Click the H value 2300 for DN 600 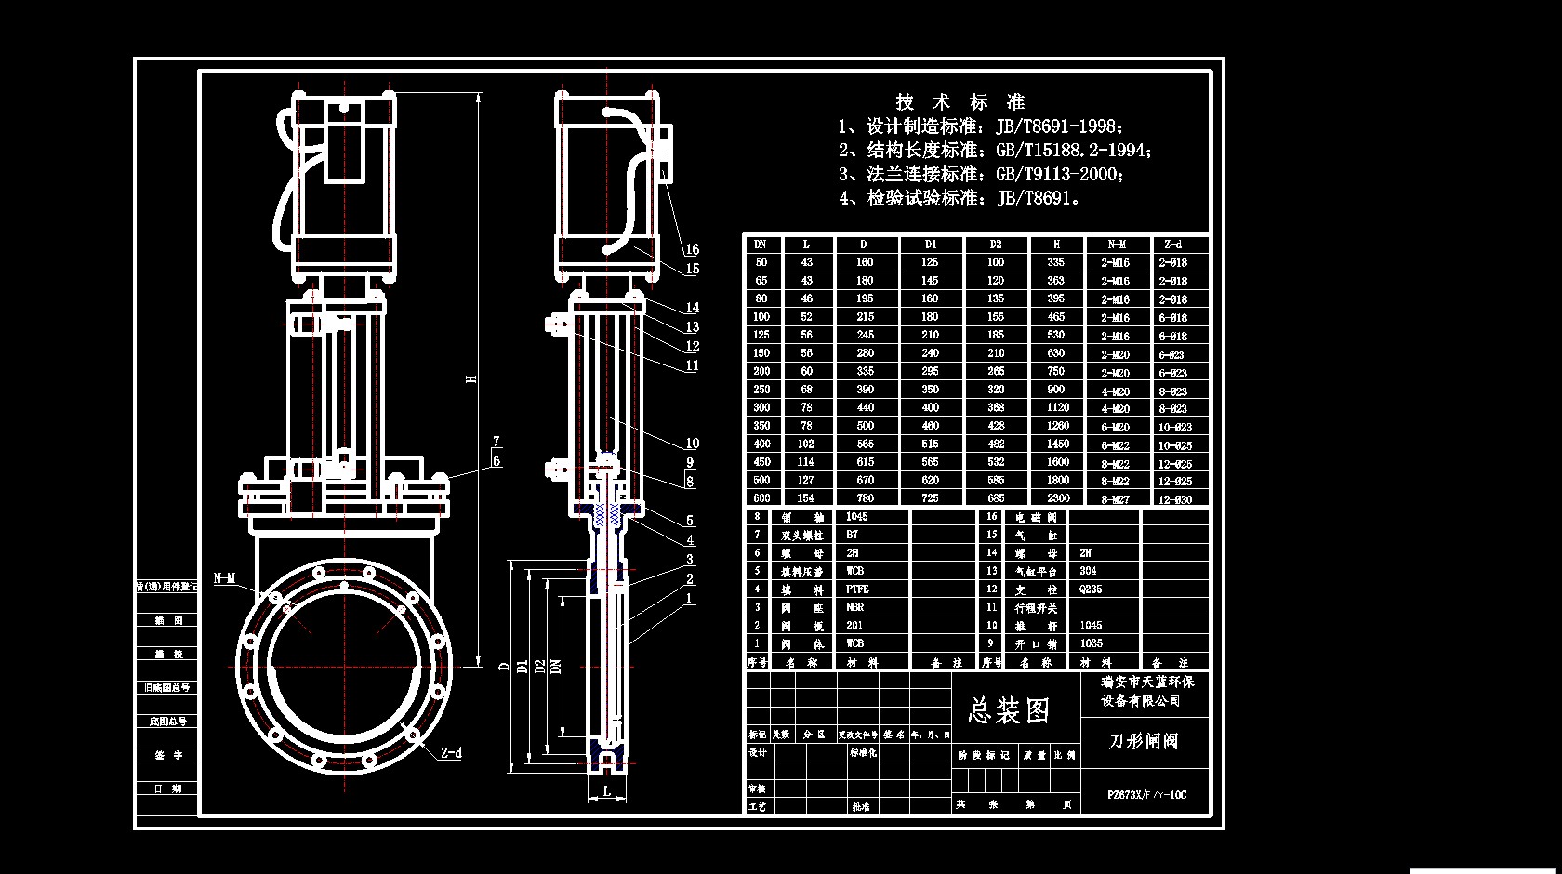coord(1057,498)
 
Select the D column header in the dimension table coord(864,245)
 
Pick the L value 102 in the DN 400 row coord(805,444)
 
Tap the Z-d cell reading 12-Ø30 coord(1175,499)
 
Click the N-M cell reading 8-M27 coord(1115,499)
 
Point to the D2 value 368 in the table coord(996,407)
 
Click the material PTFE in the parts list coord(856,589)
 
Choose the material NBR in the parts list coord(854,607)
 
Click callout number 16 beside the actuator coord(692,249)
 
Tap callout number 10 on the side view coord(692,444)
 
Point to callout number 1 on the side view coord(690,599)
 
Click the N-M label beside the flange coord(224,578)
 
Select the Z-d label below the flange coord(451,753)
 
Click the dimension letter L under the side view coord(607,791)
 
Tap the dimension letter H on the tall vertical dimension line coord(471,378)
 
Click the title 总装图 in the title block coord(1009,711)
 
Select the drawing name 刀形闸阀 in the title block coord(1144,741)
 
